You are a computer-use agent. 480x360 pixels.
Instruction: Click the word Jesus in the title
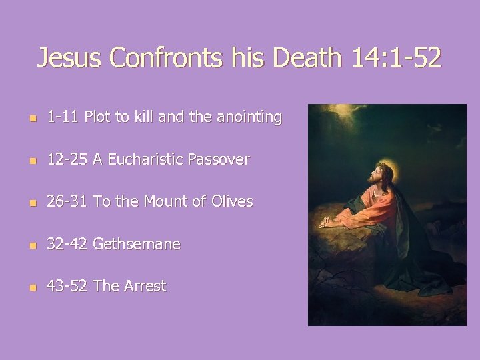(x=70, y=59)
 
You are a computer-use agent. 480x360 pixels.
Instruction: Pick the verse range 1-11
(x=61, y=117)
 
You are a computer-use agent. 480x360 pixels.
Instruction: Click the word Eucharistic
(x=145, y=159)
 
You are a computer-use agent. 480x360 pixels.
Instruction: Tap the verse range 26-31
(x=67, y=201)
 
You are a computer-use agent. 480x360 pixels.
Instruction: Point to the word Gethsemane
(x=137, y=244)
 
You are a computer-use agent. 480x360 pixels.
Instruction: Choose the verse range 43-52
(x=67, y=286)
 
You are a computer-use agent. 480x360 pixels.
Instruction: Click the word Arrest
(x=141, y=286)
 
